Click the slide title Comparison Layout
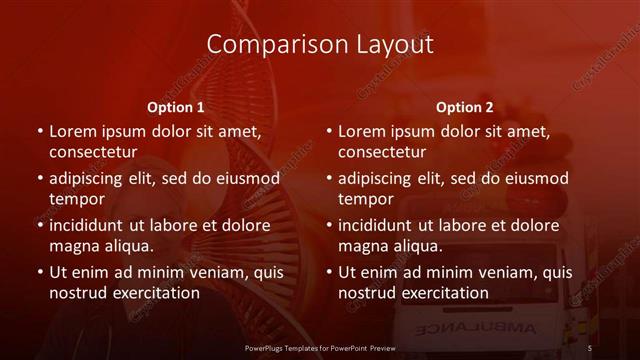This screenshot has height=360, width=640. tap(320, 44)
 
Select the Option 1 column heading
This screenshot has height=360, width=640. tap(176, 106)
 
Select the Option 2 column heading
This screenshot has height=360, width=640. tap(465, 106)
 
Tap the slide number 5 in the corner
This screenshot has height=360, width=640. tap(591, 346)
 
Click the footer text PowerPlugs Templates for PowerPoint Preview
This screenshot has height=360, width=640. tap(320, 346)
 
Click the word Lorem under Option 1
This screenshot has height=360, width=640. tap(73, 131)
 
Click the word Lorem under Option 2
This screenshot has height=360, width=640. tap(362, 131)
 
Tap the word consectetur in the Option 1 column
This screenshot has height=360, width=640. tap(93, 153)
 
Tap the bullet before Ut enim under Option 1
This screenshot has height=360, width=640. tap(39, 272)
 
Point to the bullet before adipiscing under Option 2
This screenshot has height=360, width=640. tap(328, 179)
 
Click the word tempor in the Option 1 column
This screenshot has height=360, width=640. tap(75, 199)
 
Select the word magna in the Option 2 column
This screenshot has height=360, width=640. tap(362, 246)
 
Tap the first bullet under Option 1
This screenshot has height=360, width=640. tap(39, 132)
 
